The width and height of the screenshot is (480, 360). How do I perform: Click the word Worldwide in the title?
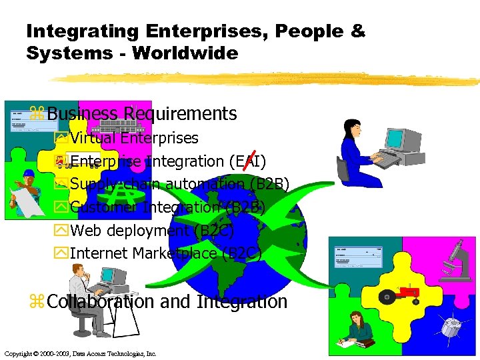click(185, 53)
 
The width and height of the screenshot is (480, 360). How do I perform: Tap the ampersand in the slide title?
click(358, 31)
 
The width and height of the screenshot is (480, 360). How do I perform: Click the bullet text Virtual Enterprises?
click(134, 139)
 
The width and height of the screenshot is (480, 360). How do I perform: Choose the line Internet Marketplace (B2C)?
click(165, 253)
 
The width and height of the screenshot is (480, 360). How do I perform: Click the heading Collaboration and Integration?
click(167, 302)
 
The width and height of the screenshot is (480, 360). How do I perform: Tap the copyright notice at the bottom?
click(80, 353)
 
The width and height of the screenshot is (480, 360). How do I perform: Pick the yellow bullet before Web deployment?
click(63, 231)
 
